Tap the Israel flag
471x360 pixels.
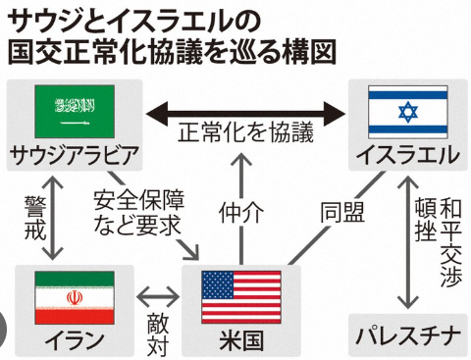click(x=406, y=112)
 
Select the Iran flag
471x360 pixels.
click(x=73, y=297)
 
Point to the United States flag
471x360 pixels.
click(x=240, y=297)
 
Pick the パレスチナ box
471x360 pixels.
click(x=405, y=337)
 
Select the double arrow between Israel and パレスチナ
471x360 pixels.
click(x=404, y=240)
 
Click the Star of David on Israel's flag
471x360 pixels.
click(x=406, y=112)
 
